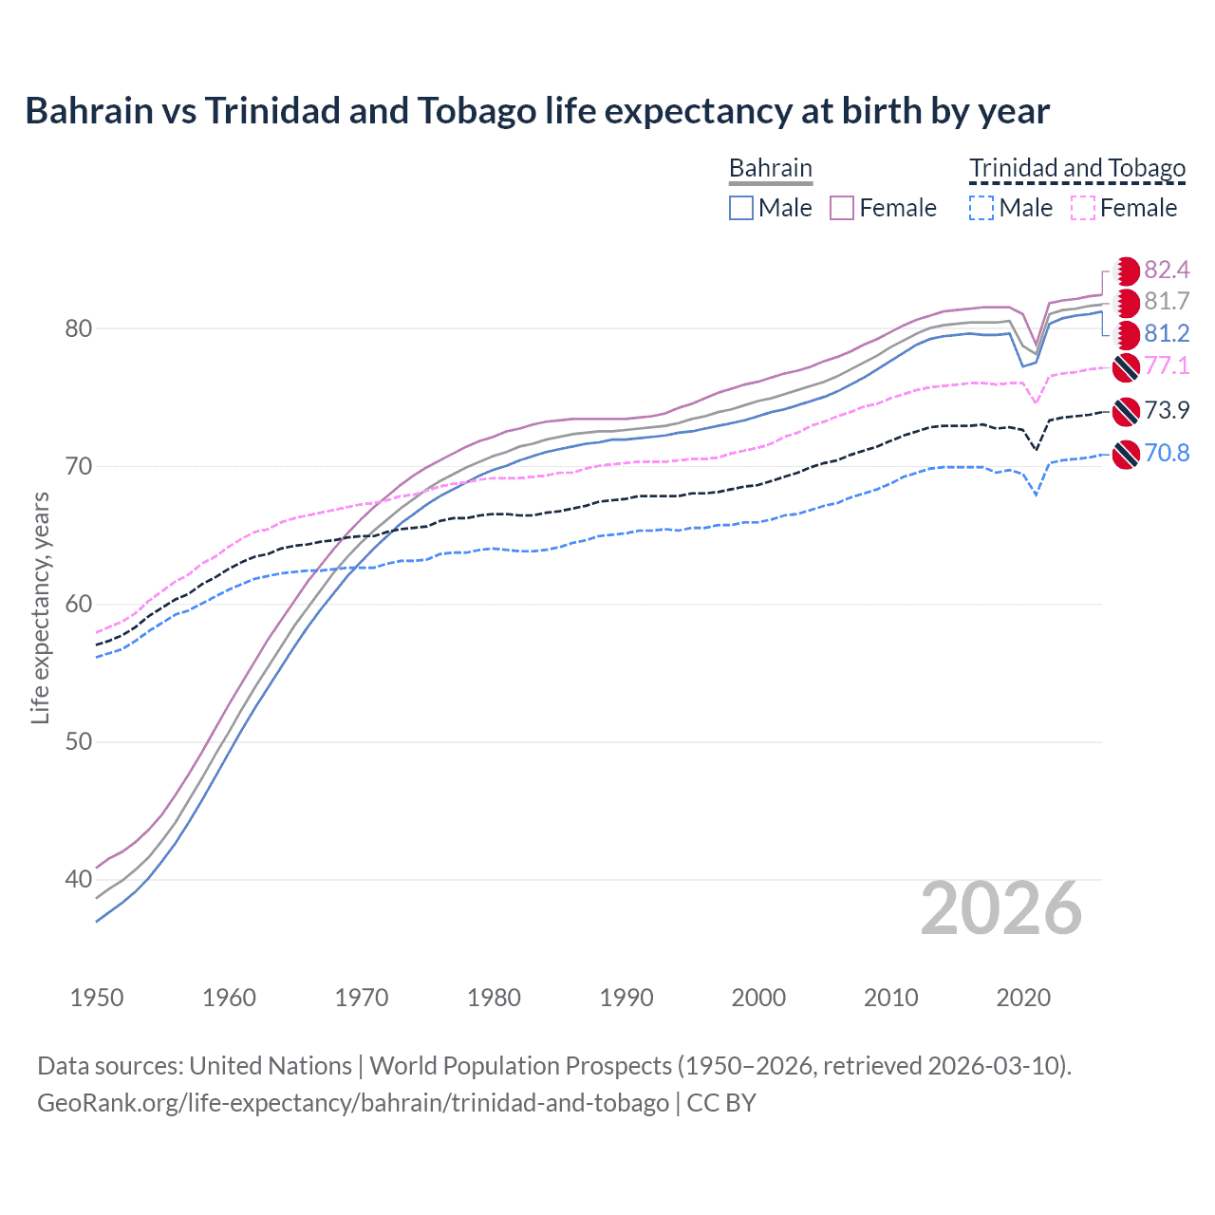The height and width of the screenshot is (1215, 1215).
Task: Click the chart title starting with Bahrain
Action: (537, 111)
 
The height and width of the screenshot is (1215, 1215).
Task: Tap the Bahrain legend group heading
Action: (770, 168)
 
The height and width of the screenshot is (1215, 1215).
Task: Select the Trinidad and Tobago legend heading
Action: (1077, 168)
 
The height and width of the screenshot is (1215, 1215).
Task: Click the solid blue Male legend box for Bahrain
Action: (741, 208)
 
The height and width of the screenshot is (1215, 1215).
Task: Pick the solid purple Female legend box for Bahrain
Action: (842, 208)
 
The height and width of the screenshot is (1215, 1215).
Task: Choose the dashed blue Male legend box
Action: (981, 208)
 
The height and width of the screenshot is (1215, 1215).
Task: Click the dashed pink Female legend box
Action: (1082, 208)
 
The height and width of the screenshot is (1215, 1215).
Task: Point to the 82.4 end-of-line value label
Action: (1167, 271)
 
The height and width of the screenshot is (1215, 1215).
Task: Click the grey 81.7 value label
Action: (1167, 302)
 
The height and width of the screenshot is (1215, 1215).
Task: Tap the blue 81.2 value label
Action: (1167, 334)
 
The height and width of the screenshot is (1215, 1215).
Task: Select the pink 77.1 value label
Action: (1167, 366)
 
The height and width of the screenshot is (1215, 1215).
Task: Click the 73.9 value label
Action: (1167, 410)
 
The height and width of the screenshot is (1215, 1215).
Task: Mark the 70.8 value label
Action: (1167, 453)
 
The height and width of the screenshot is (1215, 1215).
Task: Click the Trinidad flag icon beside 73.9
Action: (1126, 411)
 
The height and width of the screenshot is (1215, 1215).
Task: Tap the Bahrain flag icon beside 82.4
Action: (1126, 271)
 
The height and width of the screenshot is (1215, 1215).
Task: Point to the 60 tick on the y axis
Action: (79, 605)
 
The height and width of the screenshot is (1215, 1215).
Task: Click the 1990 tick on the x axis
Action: (626, 998)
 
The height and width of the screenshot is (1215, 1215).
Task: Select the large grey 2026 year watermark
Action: (1000, 909)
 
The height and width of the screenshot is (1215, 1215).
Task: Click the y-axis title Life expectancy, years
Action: (40, 607)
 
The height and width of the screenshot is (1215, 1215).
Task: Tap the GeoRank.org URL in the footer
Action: (352, 1103)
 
